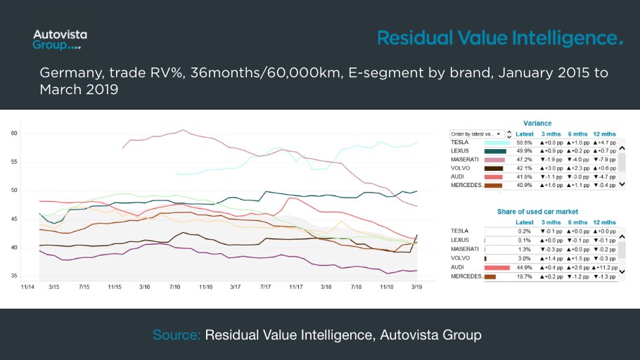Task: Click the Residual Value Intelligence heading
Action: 500,38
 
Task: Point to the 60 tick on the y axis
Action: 14,134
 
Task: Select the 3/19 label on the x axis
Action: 416,287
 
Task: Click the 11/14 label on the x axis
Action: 27,287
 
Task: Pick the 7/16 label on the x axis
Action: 175,287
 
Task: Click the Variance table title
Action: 538,123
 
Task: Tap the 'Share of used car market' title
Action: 537,212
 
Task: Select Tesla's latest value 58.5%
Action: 524,143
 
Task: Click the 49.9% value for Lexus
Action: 524,151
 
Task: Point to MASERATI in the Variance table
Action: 466,160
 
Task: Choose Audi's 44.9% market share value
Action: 524,267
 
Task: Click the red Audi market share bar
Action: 497,267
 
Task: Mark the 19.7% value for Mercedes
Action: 524,276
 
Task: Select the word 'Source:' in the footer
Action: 177,335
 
